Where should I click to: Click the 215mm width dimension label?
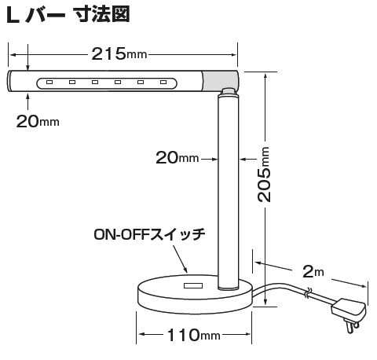point(119,54)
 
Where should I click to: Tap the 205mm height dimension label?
point(264,174)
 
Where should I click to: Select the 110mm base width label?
point(194,335)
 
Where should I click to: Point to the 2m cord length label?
point(313,271)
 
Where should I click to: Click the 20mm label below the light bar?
point(38,121)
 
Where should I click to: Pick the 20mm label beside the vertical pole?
point(178,158)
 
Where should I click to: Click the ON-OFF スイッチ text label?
point(149,234)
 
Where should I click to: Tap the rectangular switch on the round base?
point(193,285)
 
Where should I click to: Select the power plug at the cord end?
point(349,315)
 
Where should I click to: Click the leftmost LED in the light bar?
point(49,83)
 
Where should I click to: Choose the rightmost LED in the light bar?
point(163,83)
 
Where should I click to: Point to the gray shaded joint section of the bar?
point(221,81)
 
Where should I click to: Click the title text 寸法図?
point(101,15)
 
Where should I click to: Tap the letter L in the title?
point(13,15)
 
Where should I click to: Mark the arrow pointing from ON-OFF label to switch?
point(180,259)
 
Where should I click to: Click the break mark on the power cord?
point(307,293)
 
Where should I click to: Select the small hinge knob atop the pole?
point(228,91)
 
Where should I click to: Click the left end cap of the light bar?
point(9,81)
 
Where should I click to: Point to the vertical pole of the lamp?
point(229,193)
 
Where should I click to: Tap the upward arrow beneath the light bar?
point(28,102)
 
